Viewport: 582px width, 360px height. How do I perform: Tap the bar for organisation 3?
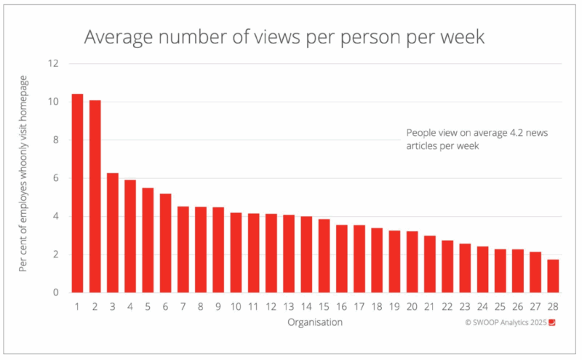(x=112, y=233)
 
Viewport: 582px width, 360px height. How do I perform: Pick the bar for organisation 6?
(x=165, y=243)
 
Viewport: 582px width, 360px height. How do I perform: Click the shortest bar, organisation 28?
(x=553, y=276)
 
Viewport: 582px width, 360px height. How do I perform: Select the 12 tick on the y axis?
(x=52, y=63)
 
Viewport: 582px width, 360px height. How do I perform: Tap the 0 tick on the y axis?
(x=55, y=293)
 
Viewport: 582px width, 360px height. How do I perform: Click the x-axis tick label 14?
(x=306, y=306)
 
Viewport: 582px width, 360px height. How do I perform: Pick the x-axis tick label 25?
(x=501, y=306)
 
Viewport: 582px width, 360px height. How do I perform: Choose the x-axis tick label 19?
(x=394, y=306)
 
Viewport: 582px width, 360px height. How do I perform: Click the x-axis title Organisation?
(x=314, y=321)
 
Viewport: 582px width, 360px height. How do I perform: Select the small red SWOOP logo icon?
(x=551, y=321)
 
